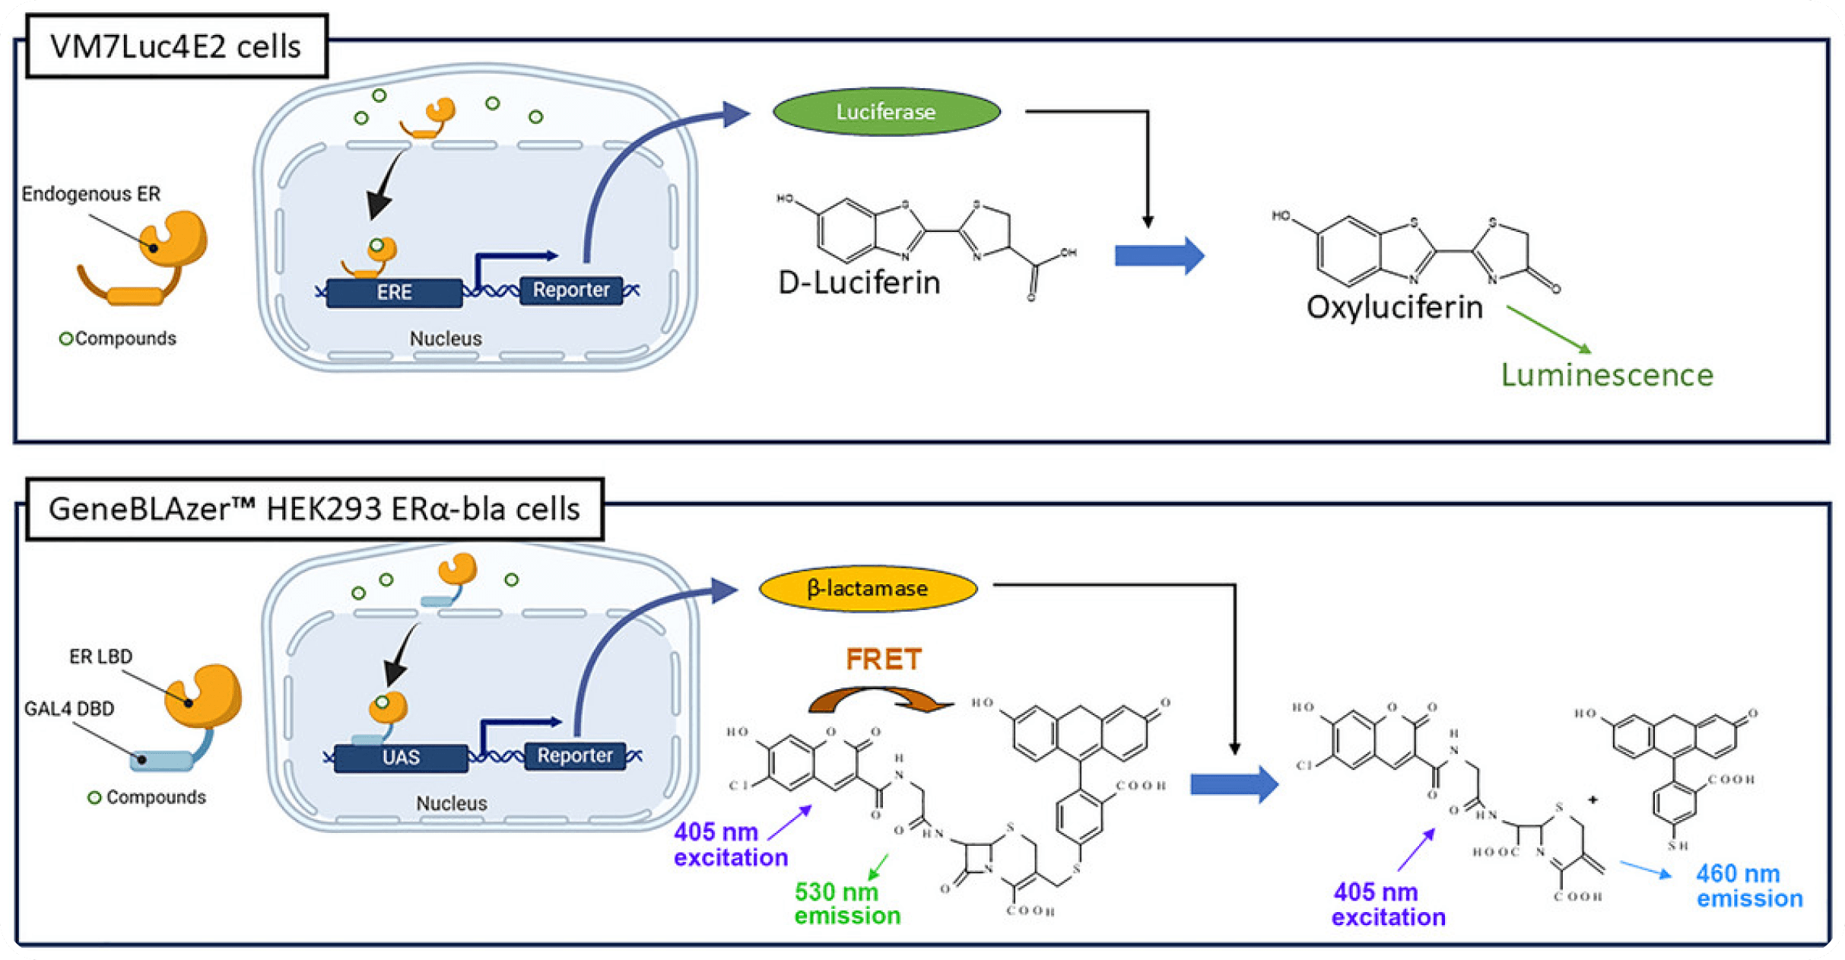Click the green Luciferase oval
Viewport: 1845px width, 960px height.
[886, 112]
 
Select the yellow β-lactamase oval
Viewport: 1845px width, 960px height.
[868, 588]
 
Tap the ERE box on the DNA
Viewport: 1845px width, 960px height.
[394, 293]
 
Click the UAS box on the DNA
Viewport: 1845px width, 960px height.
[401, 758]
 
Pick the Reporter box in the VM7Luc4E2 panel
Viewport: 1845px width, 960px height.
[571, 290]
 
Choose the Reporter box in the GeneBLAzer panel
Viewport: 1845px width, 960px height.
[575, 755]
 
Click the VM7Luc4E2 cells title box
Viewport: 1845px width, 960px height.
[176, 46]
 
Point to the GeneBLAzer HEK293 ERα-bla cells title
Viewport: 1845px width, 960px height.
[314, 509]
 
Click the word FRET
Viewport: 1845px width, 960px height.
[884, 659]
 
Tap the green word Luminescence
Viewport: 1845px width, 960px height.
[1607, 375]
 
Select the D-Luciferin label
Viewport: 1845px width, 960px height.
[859, 283]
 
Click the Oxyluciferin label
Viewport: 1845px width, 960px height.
[1395, 307]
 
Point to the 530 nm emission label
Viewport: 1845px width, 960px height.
[847, 903]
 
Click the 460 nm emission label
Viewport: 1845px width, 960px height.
[1749, 885]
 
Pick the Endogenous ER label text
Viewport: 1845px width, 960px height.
[91, 194]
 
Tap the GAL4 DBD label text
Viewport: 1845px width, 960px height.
[69, 709]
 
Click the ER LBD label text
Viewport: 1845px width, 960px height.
[100, 656]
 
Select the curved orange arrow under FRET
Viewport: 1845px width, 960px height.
[881, 698]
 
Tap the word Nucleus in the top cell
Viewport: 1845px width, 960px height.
[446, 339]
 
